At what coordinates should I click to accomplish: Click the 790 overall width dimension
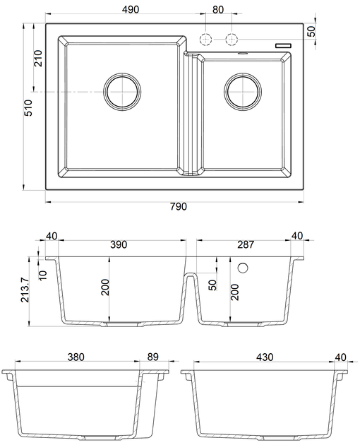point(179,206)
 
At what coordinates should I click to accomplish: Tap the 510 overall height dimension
point(29,107)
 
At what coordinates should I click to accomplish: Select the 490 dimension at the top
point(131,9)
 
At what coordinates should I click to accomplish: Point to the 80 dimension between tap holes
point(218,9)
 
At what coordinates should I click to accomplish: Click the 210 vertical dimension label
point(37,58)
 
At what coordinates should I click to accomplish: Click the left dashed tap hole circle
point(205,39)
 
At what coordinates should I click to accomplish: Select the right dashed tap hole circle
point(232,39)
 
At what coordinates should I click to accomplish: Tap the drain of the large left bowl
point(122,91)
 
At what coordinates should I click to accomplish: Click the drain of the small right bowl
point(243,91)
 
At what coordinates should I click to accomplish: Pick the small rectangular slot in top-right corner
point(283,45)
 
